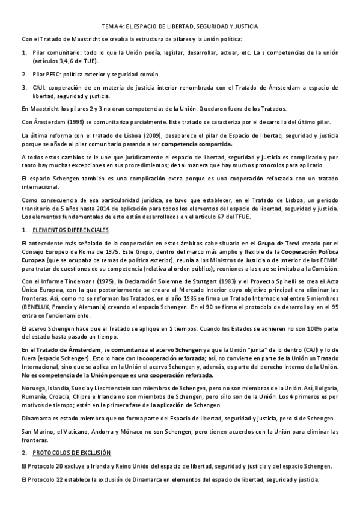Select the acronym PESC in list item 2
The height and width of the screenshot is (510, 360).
(46, 75)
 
